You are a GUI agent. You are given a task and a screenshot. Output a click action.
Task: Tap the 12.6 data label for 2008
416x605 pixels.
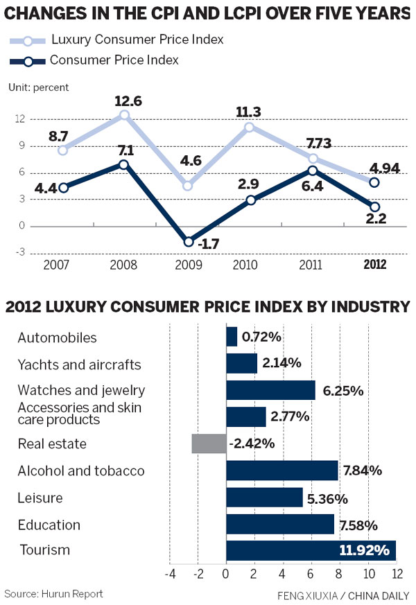[x=128, y=101]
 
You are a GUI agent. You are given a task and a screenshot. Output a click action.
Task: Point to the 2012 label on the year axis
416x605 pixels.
[x=374, y=265]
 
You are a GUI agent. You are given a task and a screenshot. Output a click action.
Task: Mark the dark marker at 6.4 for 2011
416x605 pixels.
[x=313, y=170]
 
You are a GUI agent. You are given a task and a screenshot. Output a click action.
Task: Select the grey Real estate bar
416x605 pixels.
[x=209, y=444]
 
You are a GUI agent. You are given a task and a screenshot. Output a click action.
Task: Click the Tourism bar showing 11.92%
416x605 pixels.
[x=311, y=551]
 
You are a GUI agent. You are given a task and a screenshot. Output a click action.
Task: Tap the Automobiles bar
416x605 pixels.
[x=232, y=337]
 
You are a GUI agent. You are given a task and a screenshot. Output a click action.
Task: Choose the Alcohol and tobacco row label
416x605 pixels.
[x=80, y=471]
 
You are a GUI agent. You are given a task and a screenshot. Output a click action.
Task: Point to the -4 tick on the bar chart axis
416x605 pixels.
[x=169, y=574]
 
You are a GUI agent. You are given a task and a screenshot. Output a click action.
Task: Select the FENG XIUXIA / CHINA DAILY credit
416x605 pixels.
[x=343, y=595]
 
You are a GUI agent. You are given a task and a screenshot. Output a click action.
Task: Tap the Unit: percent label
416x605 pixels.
[x=38, y=87]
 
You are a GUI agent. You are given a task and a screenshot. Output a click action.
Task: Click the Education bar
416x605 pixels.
[x=280, y=525]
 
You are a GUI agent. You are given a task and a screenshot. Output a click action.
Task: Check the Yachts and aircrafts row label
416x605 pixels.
[x=79, y=365]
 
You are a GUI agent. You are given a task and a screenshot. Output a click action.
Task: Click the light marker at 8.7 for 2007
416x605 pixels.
[x=63, y=150]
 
